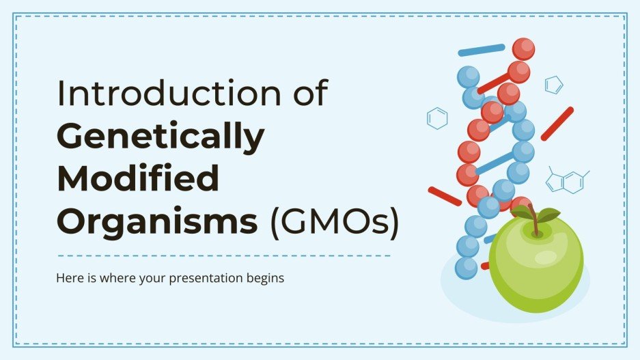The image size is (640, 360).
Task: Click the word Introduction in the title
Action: (164, 95)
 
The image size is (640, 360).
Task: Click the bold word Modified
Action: (138, 178)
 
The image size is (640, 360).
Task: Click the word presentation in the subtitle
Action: (203, 279)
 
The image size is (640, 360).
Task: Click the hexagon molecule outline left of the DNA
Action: (437, 118)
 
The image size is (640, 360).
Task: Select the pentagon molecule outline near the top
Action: (553, 85)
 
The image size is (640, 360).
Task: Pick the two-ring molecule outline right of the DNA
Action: (566, 180)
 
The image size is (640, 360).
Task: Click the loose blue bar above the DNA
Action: (482, 50)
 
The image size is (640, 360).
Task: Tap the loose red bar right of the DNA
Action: (557, 124)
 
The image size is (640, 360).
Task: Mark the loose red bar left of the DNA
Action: (445, 196)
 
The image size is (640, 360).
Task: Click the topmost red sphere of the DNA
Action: (523, 49)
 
